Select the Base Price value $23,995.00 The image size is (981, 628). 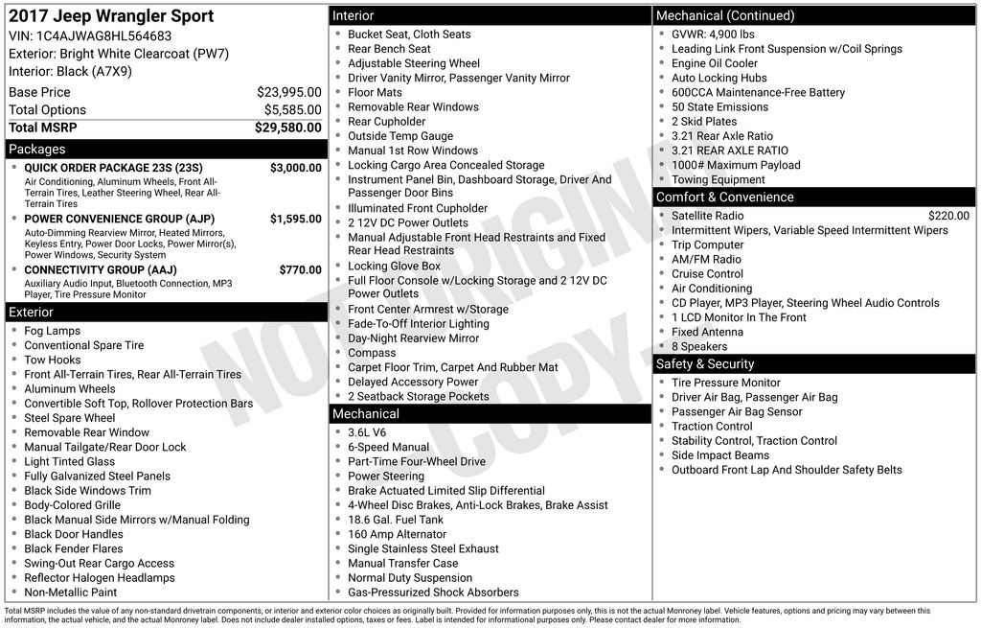click(x=288, y=92)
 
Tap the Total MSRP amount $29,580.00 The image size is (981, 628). click(x=287, y=128)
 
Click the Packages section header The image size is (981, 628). click(x=37, y=150)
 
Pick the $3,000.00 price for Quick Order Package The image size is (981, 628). click(x=295, y=168)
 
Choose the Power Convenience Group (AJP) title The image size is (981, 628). click(x=119, y=219)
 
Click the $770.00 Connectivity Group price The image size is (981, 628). click(x=300, y=270)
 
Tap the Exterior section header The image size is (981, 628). click(x=32, y=313)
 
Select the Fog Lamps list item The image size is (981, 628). click(x=53, y=331)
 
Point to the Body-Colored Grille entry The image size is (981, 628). click(x=73, y=505)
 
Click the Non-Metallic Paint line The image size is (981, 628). click(x=71, y=593)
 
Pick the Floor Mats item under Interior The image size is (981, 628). click(x=375, y=93)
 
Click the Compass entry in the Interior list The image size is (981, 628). click(x=372, y=353)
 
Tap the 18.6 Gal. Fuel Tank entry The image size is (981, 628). click(x=396, y=520)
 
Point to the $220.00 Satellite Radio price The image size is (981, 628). click(x=948, y=216)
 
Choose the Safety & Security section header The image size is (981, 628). click(x=705, y=364)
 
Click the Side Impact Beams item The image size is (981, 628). click(x=719, y=455)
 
